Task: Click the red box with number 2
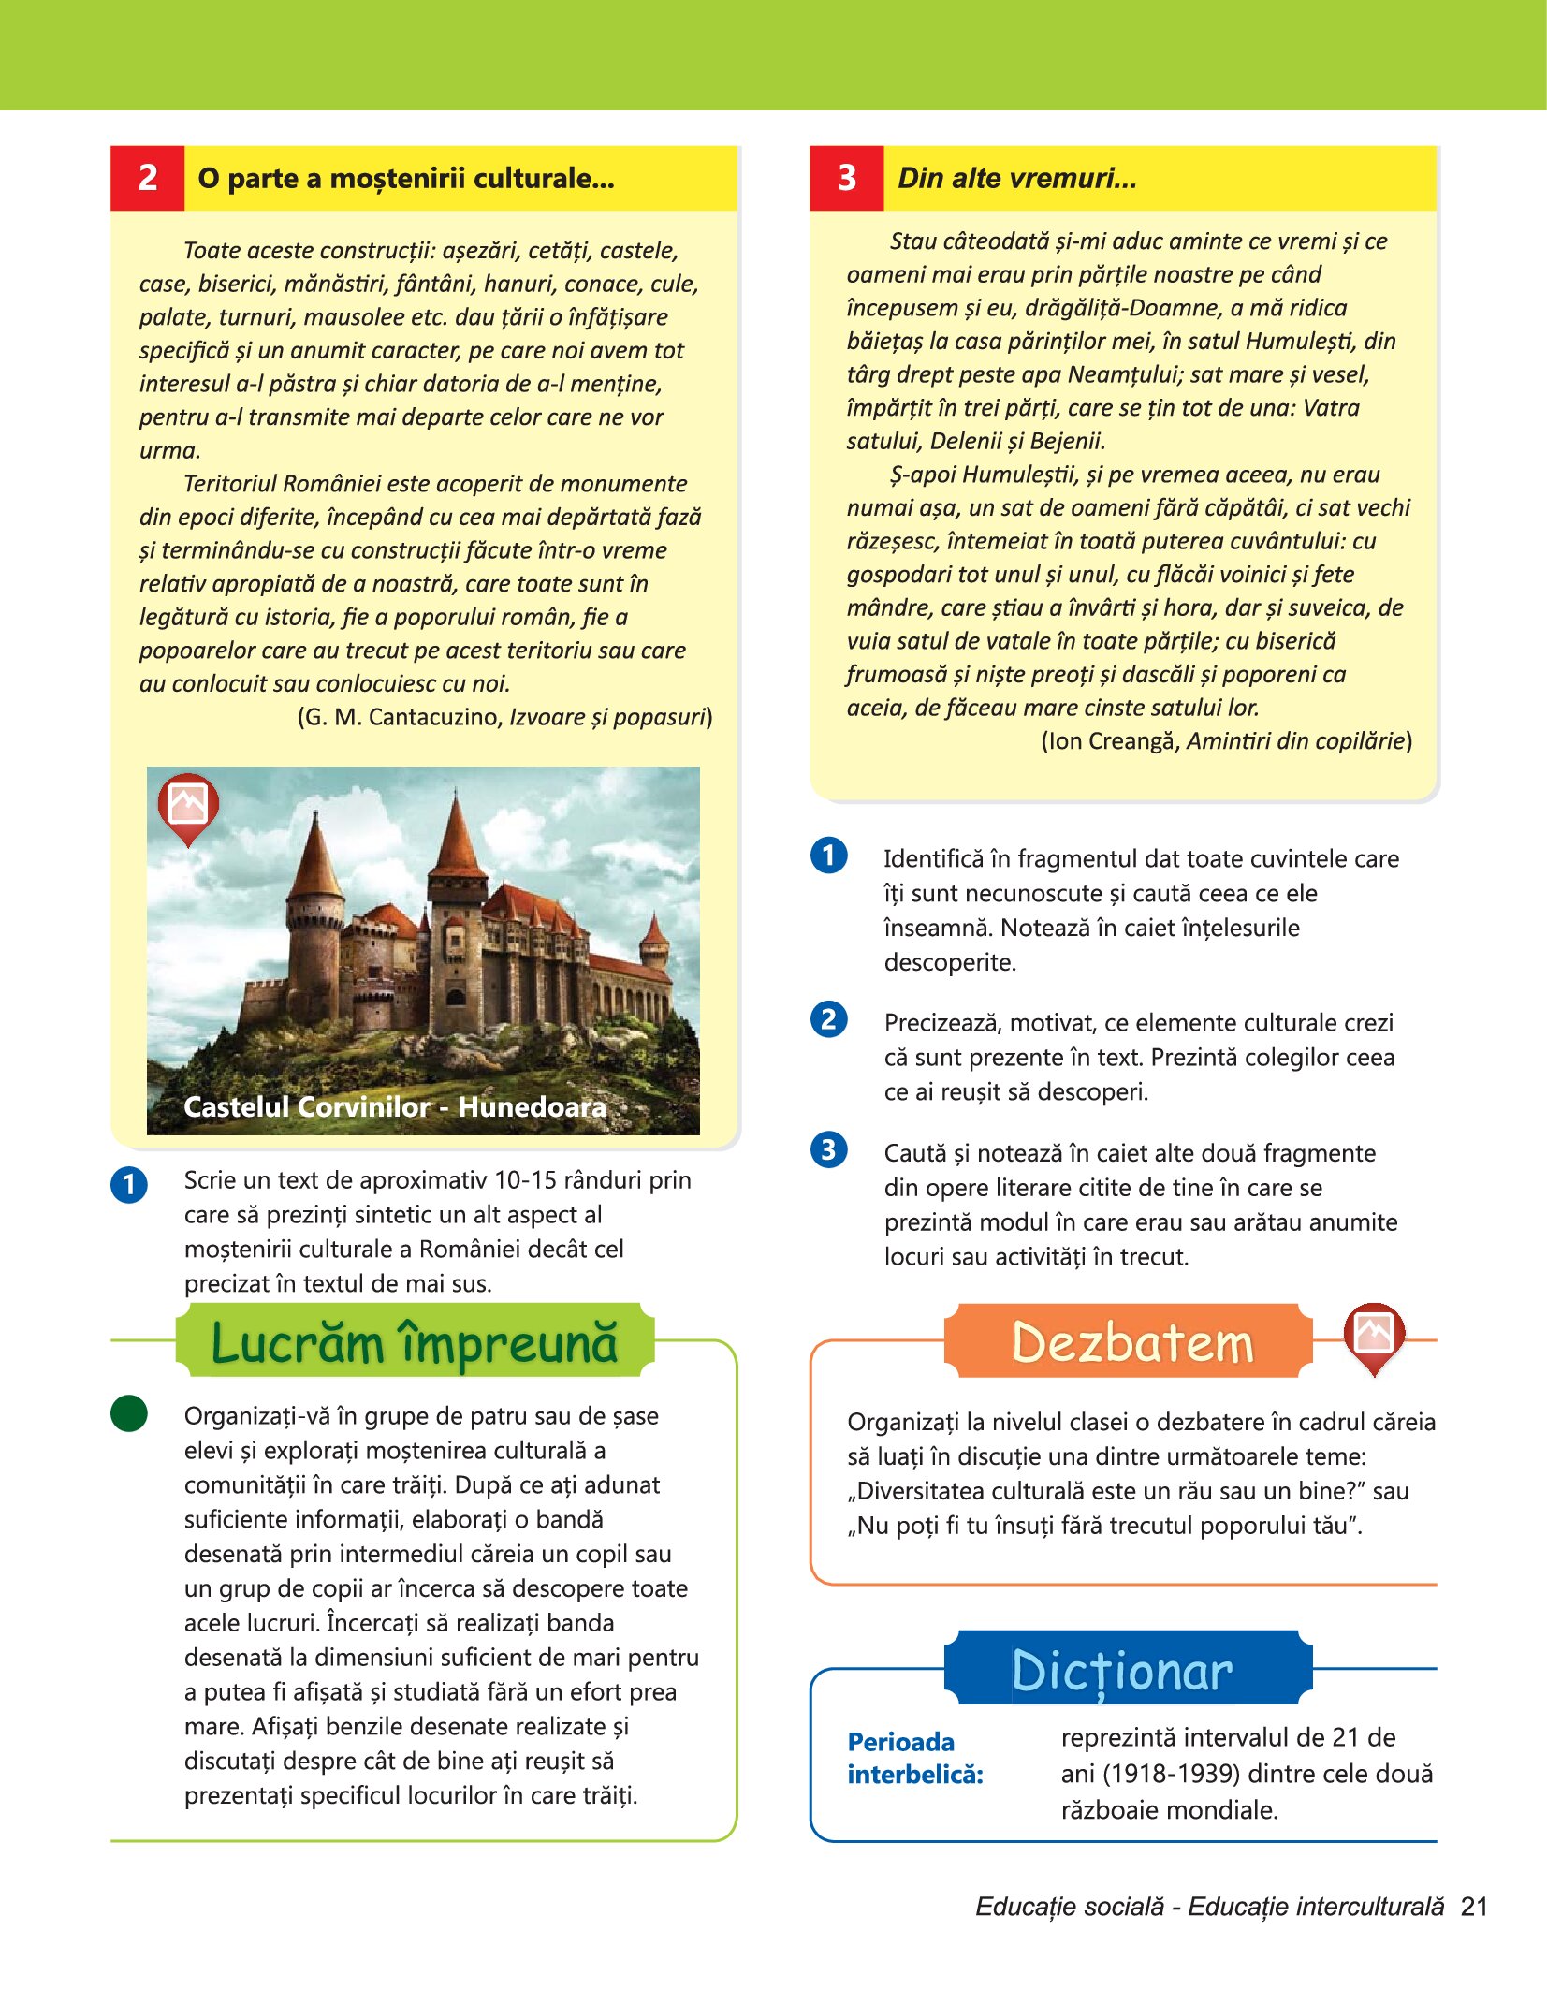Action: click(147, 178)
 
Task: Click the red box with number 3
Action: click(846, 178)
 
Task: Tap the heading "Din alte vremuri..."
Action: click(1017, 178)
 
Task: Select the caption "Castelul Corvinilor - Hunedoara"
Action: click(395, 1107)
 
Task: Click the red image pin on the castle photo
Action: click(188, 806)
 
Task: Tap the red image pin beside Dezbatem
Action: click(1374, 1335)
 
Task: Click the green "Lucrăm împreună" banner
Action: click(415, 1342)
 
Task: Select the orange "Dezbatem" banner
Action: click(1132, 1342)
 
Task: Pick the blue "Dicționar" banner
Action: click(1123, 1671)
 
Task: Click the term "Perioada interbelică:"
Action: click(914, 1758)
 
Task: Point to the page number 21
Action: click(1474, 1907)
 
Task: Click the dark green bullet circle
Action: click(129, 1413)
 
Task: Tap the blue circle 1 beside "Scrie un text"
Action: click(129, 1184)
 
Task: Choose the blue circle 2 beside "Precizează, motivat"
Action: click(829, 1019)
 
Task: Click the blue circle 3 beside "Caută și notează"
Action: click(829, 1149)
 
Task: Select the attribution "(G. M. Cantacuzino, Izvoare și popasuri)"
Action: click(504, 717)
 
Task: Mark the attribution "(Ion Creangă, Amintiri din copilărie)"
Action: click(1226, 741)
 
